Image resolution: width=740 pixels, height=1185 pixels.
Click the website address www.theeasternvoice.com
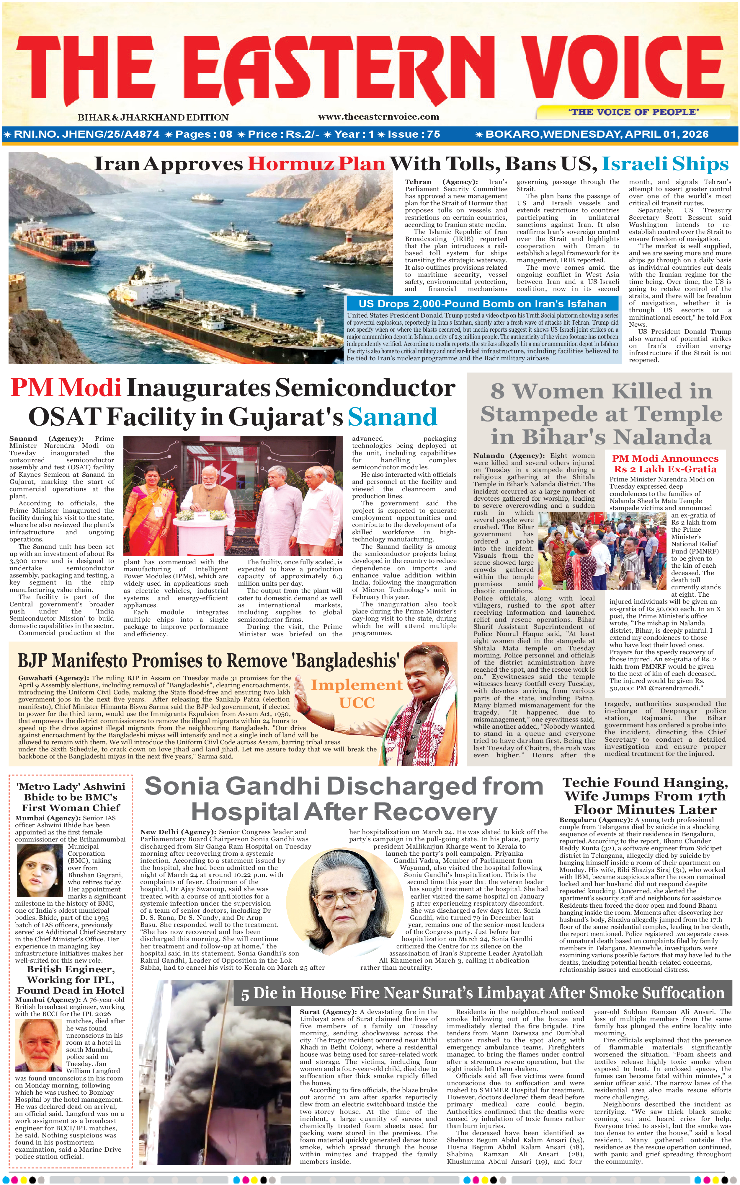coord(378,117)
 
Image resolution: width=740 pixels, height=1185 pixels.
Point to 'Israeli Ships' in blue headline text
coord(665,164)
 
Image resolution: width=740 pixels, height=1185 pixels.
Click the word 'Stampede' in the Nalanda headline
coord(535,414)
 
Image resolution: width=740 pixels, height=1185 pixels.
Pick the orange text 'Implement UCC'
coord(357,694)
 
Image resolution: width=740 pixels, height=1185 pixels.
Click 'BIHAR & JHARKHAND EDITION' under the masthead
coord(153,118)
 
